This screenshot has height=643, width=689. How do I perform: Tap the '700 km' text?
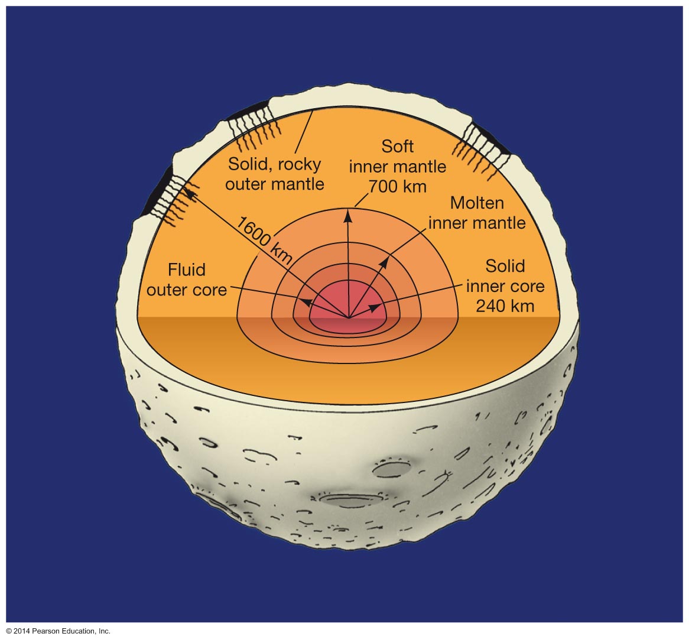(397, 186)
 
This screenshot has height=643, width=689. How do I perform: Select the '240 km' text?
(505, 306)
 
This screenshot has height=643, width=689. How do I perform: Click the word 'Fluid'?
(187, 270)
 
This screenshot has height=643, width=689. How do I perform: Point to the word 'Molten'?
(477, 203)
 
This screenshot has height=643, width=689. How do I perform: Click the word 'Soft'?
(397, 146)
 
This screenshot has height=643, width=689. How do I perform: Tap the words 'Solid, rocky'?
(274, 164)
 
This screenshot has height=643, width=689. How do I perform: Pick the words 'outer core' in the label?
(187, 290)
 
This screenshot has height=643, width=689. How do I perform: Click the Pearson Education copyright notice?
(58, 631)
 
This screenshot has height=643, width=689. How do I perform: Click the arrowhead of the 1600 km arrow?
(190, 190)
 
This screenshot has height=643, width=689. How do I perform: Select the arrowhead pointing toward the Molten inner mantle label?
(384, 261)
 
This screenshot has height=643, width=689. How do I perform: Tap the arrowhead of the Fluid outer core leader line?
(307, 302)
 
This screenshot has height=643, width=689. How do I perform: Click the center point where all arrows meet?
(349, 318)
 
